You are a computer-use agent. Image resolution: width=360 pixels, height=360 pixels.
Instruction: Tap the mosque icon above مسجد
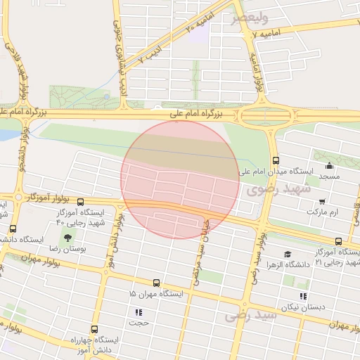[x=329, y=166]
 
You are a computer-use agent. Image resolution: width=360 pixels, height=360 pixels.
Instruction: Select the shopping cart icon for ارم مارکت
[x=322, y=201]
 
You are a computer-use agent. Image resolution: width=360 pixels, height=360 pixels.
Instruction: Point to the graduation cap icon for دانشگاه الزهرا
[x=287, y=255]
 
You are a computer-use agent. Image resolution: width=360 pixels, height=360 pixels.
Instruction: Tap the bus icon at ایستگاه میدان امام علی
[x=275, y=160]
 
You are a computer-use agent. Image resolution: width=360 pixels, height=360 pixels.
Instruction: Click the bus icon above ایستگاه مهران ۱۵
[x=156, y=283]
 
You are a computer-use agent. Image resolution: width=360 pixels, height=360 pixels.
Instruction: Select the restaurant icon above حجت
[x=139, y=312]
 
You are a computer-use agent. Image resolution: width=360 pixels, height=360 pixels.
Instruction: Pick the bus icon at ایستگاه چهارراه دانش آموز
[x=95, y=329]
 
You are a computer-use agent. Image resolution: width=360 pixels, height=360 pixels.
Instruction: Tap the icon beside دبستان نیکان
[x=303, y=296]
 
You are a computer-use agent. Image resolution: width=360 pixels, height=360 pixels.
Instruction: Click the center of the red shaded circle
[x=180, y=179]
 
